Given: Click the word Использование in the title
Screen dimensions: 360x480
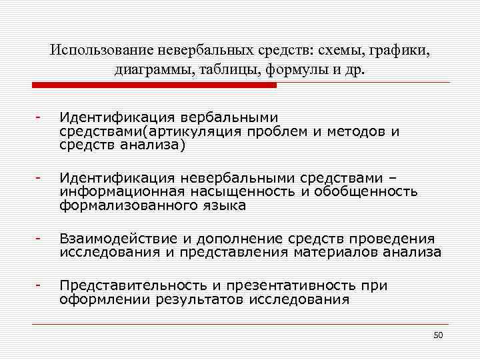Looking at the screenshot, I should [100, 51].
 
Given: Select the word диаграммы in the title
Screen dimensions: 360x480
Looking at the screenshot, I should [151, 70].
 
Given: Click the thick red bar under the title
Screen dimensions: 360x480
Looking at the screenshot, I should [154, 85].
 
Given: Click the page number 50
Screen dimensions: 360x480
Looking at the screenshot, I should [438, 335].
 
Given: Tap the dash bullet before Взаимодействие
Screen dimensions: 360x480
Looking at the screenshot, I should [40, 238].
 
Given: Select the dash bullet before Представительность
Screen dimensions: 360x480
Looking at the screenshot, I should [40, 285].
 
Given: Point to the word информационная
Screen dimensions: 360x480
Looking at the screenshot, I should [108, 192].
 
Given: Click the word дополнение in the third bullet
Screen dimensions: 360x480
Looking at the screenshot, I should [246, 239].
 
